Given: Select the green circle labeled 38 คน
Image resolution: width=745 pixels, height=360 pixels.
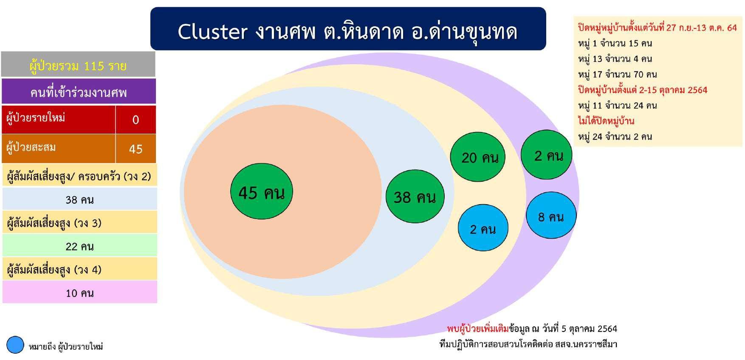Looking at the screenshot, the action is tap(415, 197).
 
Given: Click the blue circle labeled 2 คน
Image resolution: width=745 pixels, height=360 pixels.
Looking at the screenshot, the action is tap(483, 228).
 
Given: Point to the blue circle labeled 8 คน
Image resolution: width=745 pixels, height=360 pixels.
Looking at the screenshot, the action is tap(551, 216).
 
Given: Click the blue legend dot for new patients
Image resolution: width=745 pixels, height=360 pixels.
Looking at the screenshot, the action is tap(15, 345).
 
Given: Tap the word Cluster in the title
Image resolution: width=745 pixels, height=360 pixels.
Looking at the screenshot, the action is tap(212, 32).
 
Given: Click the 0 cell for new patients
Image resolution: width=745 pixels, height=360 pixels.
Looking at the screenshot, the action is tap(135, 119).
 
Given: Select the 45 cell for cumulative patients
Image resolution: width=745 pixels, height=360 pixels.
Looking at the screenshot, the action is tap(135, 149).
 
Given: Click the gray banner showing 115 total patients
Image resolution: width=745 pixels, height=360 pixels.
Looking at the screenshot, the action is tap(78, 65).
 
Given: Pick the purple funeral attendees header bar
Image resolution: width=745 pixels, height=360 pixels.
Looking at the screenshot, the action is tap(79, 91).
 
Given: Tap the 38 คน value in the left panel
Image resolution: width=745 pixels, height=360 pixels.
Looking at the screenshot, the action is tap(80, 199).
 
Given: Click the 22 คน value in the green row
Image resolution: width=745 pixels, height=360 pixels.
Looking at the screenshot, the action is tap(80, 246).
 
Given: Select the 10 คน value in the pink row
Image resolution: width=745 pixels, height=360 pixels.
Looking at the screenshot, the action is tap(80, 292).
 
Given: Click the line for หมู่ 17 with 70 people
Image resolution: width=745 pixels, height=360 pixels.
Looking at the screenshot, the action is tap(617, 74).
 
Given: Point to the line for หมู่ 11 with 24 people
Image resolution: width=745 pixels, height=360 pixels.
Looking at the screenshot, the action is tap(617, 105).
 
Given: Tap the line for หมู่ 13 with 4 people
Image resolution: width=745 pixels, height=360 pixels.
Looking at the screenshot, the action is tap(615, 59).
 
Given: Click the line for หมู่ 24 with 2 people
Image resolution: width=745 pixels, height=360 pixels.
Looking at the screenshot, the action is tap(615, 136).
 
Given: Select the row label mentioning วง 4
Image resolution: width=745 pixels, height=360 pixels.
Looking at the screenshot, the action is tap(55, 269).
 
